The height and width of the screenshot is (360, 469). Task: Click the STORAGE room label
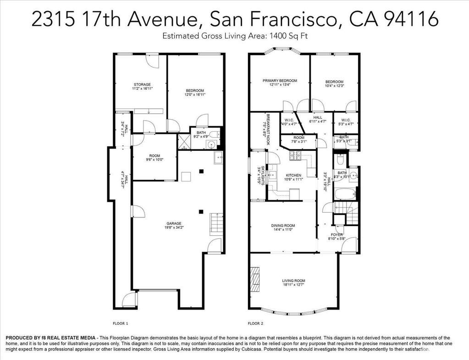142,85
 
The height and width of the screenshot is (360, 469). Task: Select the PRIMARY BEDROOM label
280,81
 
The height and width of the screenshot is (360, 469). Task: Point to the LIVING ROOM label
293,281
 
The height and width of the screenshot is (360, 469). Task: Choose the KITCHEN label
293,176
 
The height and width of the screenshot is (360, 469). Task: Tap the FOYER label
337,234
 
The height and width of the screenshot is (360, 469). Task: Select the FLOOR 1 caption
120,323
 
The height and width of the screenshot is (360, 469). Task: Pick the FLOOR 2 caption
255,323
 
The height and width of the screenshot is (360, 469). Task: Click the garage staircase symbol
216,224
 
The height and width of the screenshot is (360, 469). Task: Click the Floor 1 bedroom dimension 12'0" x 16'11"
195,95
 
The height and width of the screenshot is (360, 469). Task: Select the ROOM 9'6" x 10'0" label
154,158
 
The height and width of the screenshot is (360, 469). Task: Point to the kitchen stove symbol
294,156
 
